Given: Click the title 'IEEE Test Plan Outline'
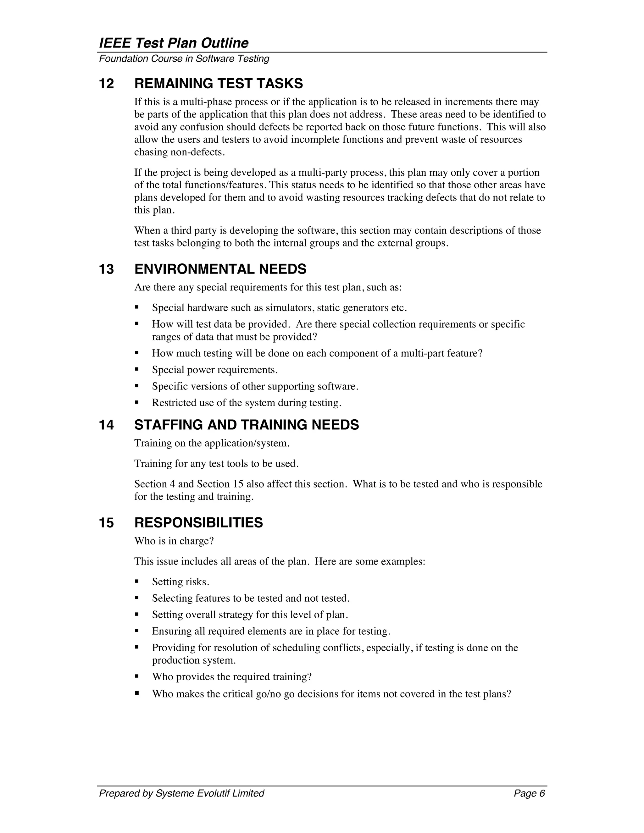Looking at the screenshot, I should tap(174, 43).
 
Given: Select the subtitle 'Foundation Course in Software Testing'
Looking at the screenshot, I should tap(184, 59).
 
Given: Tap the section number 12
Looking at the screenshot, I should tap(107, 84).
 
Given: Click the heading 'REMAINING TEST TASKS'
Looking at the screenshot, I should tap(219, 84).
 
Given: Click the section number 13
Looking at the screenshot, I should tap(107, 269).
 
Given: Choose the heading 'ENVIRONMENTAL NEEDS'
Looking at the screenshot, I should tap(220, 269).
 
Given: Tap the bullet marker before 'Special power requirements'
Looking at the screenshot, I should tap(136, 369).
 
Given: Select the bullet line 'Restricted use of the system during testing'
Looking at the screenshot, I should tap(247, 403).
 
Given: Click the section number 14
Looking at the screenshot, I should tap(107, 425).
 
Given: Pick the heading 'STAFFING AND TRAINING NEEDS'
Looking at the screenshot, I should tap(247, 425).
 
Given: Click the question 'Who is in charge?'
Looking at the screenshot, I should tap(174, 541).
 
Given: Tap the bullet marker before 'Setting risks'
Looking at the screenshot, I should tap(136, 581).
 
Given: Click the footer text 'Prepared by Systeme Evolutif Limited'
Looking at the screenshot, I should tap(182, 793).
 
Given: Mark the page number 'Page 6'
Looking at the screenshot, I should tap(529, 793).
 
